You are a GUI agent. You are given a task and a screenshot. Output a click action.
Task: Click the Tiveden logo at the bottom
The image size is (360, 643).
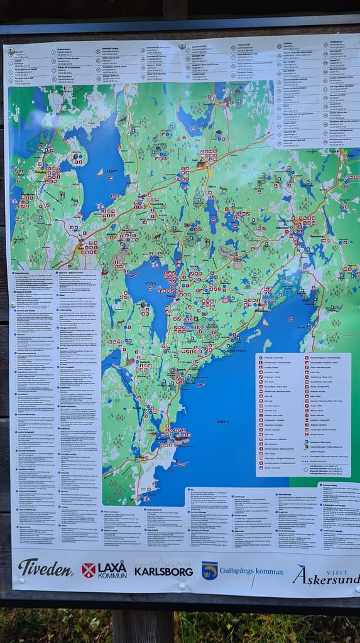[45, 568]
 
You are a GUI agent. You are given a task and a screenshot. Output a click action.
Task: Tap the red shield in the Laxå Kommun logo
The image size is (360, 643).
[89, 570]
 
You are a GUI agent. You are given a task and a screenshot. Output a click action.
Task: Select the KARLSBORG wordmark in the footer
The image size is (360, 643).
[163, 571]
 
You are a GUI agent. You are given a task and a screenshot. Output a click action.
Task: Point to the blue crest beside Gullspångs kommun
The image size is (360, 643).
[209, 570]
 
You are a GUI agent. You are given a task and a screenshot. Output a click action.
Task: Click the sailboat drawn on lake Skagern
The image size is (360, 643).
[99, 172]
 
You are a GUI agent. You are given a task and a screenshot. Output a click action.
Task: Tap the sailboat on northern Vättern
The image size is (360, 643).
[266, 323]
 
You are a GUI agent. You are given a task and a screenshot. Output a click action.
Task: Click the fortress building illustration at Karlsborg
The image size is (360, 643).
[182, 440]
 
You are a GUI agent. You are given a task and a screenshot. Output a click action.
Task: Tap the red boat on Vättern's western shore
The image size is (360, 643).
[200, 384]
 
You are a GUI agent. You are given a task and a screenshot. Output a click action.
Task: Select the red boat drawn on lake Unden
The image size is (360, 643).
[133, 275]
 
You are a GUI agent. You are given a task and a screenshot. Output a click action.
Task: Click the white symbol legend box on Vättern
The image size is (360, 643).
[303, 414]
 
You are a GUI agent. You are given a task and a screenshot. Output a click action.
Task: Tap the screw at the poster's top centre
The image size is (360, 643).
[182, 45]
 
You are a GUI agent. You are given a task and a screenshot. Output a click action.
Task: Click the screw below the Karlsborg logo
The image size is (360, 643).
[182, 586]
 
